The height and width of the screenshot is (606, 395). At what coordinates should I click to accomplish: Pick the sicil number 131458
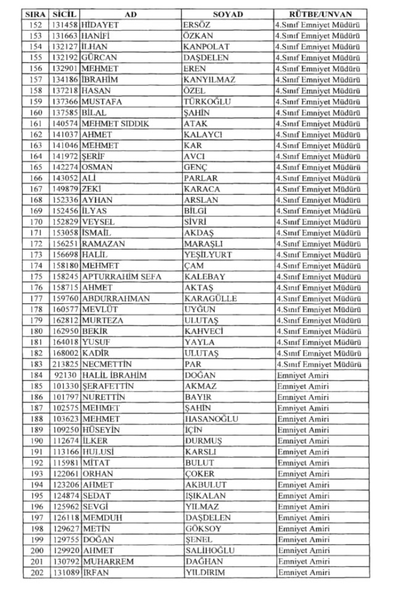click(64, 25)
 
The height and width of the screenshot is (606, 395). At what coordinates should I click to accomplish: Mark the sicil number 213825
click(64, 364)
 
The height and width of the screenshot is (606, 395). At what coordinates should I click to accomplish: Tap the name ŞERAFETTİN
click(108, 386)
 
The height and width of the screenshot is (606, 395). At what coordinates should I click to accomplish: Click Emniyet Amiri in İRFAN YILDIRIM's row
click(303, 573)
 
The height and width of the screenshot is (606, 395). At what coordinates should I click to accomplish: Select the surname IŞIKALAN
click(206, 495)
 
